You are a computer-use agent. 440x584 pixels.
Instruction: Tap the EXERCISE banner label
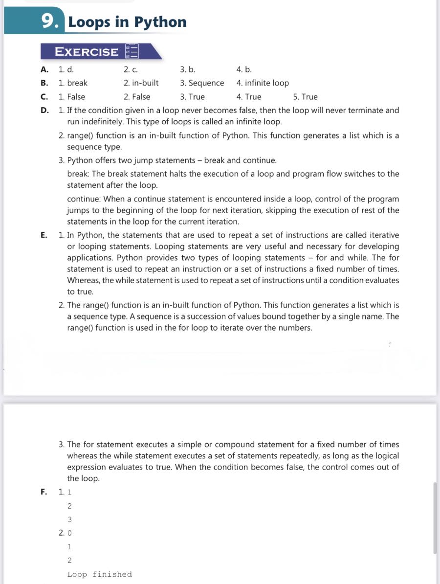pos(86,52)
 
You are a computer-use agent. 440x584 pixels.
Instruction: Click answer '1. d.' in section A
pos(66,69)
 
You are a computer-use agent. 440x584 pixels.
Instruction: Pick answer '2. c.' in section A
pos(131,69)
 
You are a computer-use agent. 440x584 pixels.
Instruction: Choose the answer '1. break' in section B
pos(73,83)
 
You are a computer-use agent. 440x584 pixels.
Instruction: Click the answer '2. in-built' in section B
pos(141,83)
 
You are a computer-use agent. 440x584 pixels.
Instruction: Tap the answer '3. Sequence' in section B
pos(202,83)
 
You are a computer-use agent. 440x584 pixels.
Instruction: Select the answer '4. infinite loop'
pos(263,83)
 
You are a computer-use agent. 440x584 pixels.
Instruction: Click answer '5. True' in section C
pos(305,97)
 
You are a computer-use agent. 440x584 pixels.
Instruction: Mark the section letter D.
pos(44,111)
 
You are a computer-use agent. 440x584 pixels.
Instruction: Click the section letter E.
pos(44,235)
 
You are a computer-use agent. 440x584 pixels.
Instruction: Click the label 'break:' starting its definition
pos(78,174)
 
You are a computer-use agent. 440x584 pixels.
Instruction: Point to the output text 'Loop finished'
pos(100,574)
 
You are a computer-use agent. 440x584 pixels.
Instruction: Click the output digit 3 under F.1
pos(69,519)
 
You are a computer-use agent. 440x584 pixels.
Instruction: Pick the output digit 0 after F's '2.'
pos(69,533)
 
